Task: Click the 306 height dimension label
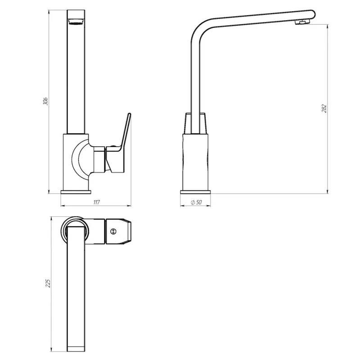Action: pyautogui.click(x=45, y=101)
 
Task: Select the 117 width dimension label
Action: pyautogui.click(x=97, y=202)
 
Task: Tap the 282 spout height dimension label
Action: pyautogui.click(x=324, y=108)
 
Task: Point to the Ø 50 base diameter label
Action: pyautogui.click(x=196, y=202)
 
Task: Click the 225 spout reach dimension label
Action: pyautogui.click(x=48, y=283)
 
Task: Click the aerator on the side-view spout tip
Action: pyautogui.click(x=302, y=22)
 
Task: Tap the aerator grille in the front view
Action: pyautogui.click(x=76, y=22)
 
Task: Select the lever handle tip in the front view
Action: pyautogui.click(x=129, y=114)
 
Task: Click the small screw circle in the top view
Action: pyautogui.click(x=113, y=231)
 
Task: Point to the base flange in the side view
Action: pyautogui.click(x=195, y=192)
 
